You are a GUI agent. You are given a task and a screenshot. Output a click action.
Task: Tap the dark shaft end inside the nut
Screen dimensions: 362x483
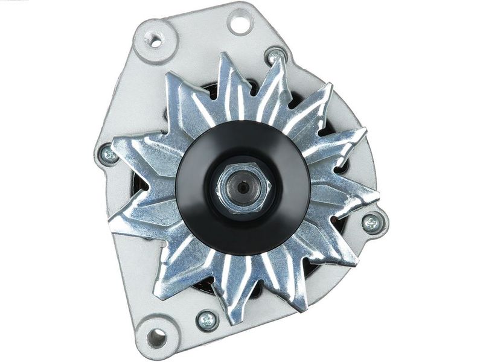tap(243, 187)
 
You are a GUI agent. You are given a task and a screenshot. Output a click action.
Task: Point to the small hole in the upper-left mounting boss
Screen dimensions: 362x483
tap(155, 42)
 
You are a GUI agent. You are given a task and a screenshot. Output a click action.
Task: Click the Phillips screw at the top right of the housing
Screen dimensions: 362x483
tap(275, 57)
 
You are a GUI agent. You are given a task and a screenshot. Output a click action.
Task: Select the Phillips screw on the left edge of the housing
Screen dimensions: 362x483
tap(109, 155)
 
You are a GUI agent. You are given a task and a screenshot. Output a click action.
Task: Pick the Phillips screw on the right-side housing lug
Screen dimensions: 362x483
tap(371, 223)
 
